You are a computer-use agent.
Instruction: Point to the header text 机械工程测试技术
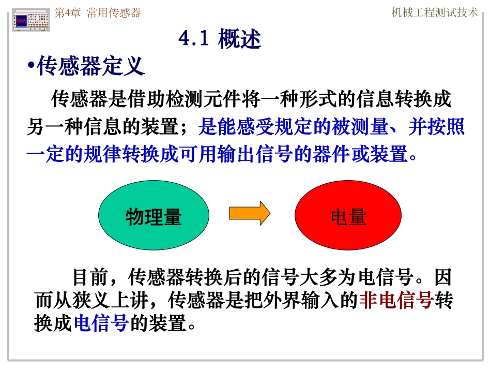[435, 13]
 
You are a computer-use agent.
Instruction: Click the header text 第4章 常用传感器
[98, 13]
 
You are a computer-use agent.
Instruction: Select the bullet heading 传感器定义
[90, 67]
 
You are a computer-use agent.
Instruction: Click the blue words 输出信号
[274, 154]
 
